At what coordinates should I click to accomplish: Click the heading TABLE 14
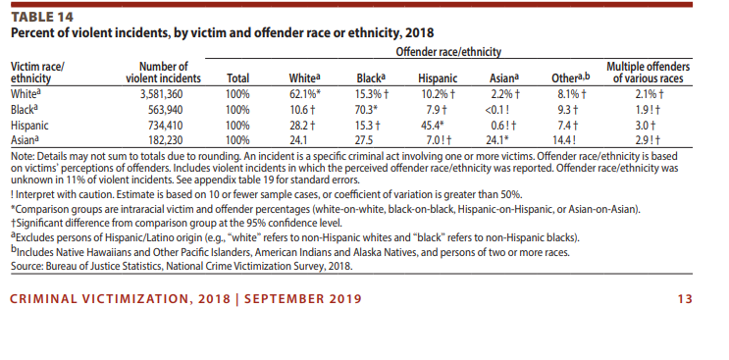click(42, 18)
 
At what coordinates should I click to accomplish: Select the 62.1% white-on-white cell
click(305, 94)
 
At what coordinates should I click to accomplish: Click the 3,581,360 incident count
click(161, 94)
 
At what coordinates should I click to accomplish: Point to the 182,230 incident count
click(165, 140)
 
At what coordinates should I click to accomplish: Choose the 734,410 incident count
click(165, 126)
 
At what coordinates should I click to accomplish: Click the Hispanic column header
click(438, 78)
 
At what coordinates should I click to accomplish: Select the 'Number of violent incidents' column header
click(163, 73)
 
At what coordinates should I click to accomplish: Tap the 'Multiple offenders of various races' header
click(649, 73)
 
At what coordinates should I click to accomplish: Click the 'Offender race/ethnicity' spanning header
click(448, 52)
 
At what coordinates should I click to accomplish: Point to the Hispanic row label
click(29, 126)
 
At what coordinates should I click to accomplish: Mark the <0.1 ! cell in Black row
click(497, 110)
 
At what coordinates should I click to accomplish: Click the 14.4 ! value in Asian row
click(564, 140)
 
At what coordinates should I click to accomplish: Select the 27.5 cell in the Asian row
click(364, 140)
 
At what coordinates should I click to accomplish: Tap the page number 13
click(685, 298)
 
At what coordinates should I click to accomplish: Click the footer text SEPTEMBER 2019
click(302, 298)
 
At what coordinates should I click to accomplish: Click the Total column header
click(237, 78)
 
